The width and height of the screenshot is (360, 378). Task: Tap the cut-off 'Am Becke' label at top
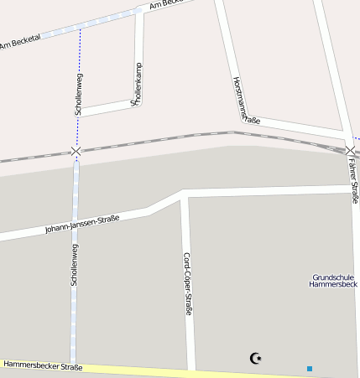click(165, 4)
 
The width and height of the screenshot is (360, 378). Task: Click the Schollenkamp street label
click(137, 84)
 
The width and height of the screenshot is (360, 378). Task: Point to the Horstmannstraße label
click(246, 101)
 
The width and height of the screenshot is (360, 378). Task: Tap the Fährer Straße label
click(354, 183)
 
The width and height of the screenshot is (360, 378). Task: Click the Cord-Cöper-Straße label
click(188, 283)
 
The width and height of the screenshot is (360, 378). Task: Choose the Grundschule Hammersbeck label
click(335, 281)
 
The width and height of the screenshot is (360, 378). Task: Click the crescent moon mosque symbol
click(256, 359)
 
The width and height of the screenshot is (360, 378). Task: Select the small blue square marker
click(310, 368)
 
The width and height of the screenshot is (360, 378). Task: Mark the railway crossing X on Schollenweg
click(76, 152)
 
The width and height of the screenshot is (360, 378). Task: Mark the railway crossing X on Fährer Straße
click(350, 151)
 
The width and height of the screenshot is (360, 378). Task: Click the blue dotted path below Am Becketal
click(80, 50)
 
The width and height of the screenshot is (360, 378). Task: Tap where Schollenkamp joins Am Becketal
click(139, 11)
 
